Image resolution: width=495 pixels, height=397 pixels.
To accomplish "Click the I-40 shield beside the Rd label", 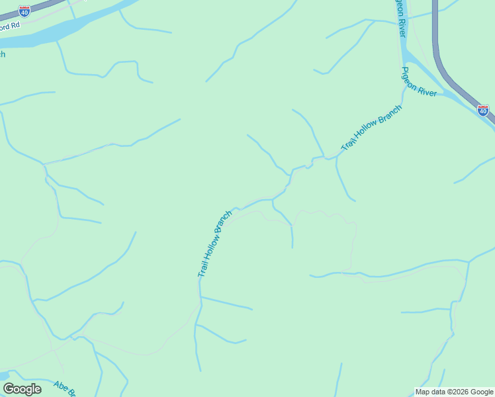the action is pos(24,11).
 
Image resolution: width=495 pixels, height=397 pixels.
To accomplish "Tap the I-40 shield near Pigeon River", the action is pos(483,110).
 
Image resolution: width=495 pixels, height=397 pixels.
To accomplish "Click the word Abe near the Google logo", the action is pos(61,386).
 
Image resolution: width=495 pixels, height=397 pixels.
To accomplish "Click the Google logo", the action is pos(22,389).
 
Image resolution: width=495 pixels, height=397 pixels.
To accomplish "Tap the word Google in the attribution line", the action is pos(482,392).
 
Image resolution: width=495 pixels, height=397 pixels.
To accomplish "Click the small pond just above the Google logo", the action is pos(3,376).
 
